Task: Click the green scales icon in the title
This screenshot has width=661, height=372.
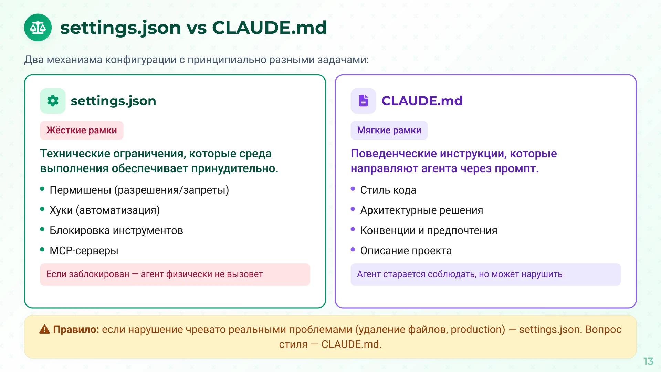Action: tap(38, 28)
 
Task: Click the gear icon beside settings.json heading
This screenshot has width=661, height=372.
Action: tap(53, 101)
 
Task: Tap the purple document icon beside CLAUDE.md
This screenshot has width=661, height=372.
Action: tap(363, 101)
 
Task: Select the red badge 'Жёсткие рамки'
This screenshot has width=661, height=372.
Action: tap(82, 130)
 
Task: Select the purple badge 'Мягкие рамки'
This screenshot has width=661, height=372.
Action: tap(389, 130)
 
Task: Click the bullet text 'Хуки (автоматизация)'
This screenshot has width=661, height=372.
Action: tap(105, 210)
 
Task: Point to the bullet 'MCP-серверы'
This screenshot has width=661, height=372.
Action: tap(84, 250)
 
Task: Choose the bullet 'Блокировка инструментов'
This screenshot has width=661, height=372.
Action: tap(116, 230)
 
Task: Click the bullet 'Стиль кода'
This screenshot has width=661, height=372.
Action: tap(388, 190)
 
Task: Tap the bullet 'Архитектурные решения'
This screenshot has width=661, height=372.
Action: tap(421, 210)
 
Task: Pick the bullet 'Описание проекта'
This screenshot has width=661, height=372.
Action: tap(406, 250)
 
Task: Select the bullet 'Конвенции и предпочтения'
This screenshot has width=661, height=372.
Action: tap(429, 230)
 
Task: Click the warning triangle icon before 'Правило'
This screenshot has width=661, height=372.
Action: tap(44, 330)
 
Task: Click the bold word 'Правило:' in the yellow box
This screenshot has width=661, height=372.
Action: tap(76, 330)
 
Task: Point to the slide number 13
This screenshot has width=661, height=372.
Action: tap(648, 361)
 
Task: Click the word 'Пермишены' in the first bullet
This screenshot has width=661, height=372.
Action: tap(80, 190)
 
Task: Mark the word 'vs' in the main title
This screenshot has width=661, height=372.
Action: tap(197, 28)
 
